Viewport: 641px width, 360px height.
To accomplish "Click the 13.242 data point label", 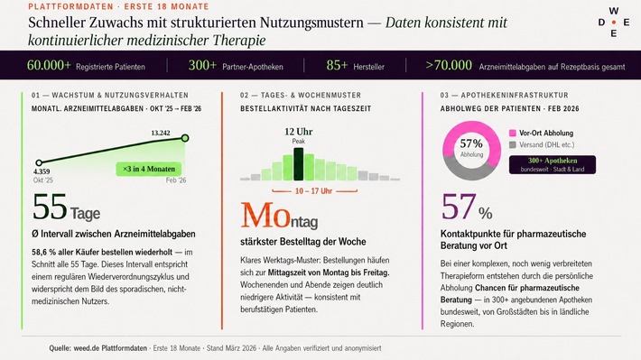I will click(x=161, y=133).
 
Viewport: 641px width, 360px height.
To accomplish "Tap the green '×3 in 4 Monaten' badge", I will click(x=153, y=168).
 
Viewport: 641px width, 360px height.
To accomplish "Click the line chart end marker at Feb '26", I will click(x=185, y=138).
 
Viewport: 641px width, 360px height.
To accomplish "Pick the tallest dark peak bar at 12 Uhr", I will click(x=299, y=164).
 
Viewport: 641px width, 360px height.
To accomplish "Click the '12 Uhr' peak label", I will click(x=299, y=132).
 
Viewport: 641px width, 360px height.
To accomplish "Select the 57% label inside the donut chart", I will click(x=471, y=143).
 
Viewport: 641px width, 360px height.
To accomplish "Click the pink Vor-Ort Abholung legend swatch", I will click(x=513, y=133).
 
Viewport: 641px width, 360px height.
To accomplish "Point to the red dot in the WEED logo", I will click(x=614, y=22).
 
